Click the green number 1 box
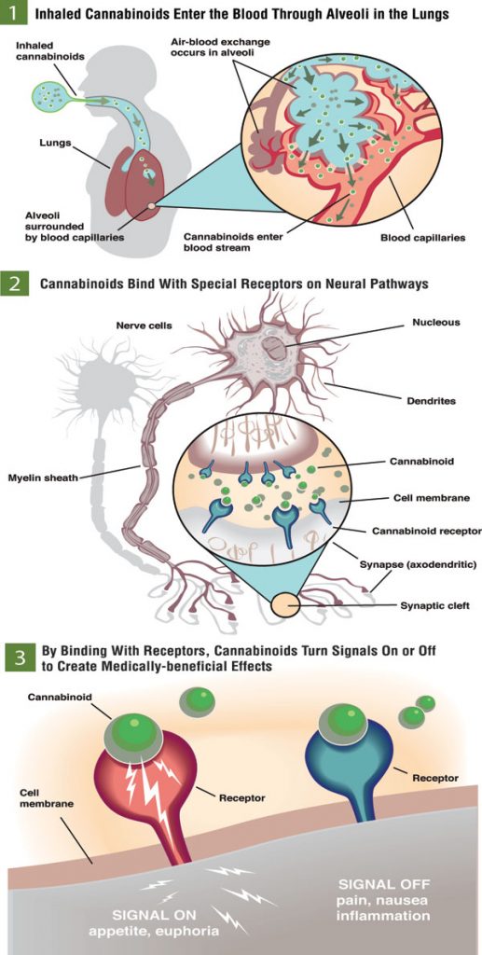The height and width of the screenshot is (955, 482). [13, 13]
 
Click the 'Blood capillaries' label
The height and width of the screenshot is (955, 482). [423, 238]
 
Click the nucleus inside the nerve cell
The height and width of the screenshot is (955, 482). [276, 350]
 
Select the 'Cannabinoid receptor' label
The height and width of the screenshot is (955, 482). [427, 531]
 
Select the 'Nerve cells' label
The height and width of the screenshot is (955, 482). [145, 325]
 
